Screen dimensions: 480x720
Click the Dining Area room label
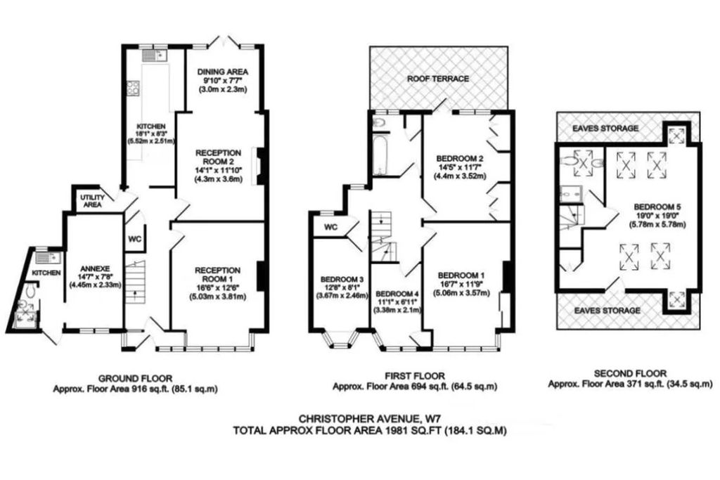click(222, 72)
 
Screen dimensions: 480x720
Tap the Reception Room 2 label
click(218, 157)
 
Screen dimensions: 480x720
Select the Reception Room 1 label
click(218, 274)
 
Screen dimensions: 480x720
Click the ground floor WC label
click(135, 238)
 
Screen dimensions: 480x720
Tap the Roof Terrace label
click(438, 79)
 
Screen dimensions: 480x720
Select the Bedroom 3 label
click(341, 278)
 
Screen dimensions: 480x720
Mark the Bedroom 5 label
click(656, 206)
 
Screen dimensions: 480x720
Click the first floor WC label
click(330, 228)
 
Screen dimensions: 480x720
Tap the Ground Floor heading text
click(135, 378)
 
